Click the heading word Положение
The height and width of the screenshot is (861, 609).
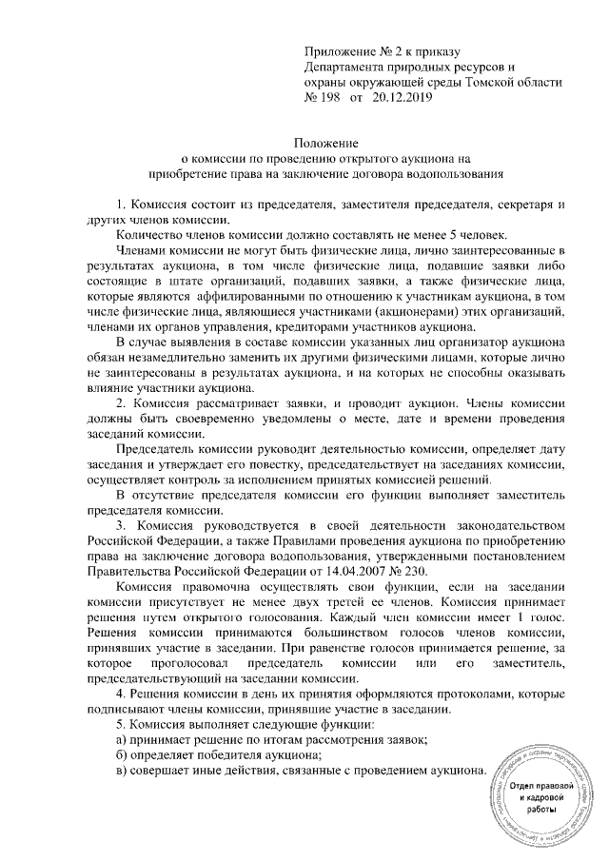(333, 144)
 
